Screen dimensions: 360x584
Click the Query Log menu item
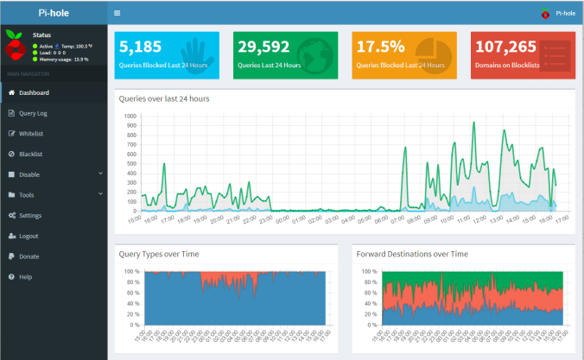pyautogui.click(x=33, y=113)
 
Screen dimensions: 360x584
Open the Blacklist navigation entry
pyautogui.click(x=30, y=154)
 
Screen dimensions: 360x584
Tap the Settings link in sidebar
pyautogui.click(x=30, y=215)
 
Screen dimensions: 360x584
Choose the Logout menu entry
pyautogui.click(x=29, y=236)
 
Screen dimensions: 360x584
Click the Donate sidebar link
pyautogui.click(x=29, y=256)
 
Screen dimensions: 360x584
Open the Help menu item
pyautogui.click(x=25, y=276)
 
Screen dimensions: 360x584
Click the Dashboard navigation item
pyautogui.click(x=33, y=92)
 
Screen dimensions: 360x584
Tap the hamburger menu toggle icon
pyautogui.click(x=117, y=13)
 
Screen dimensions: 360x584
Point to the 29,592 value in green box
pyautogui.click(x=264, y=47)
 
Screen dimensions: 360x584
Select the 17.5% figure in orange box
pyautogui.click(x=381, y=47)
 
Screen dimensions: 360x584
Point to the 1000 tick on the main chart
pyautogui.click(x=130, y=116)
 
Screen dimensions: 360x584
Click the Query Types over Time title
pyautogui.click(x=160, y=255)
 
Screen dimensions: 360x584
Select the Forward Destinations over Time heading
pyautogui.click(x=412, y=255)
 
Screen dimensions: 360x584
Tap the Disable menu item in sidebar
pyautogui.click(x=30, y=174)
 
